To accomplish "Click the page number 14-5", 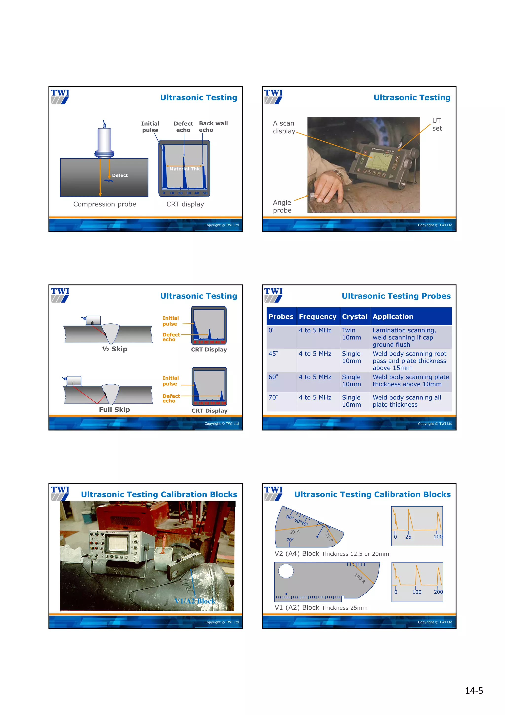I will tap(474, 691).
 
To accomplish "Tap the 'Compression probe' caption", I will tap(105, 204).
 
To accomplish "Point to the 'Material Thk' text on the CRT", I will tap(184, 169).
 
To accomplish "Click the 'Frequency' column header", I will tap(317, 317).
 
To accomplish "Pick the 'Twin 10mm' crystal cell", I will tap(351, 334).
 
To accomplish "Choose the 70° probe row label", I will tap(273, 398).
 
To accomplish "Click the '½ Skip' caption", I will tap(114, 349).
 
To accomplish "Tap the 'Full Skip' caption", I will tap(114, 410).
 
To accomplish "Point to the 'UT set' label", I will tap(437, 125).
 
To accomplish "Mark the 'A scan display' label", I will tap(284, 127).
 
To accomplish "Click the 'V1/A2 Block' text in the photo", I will tap(195, 601).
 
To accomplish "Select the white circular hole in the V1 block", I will tap(286, 571).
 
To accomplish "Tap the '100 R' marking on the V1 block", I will tap(360, 579).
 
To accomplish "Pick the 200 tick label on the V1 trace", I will tap(438, 592).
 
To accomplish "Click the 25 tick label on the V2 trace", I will tap(408, 537).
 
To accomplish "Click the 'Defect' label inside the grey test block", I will tap(120, 176).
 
